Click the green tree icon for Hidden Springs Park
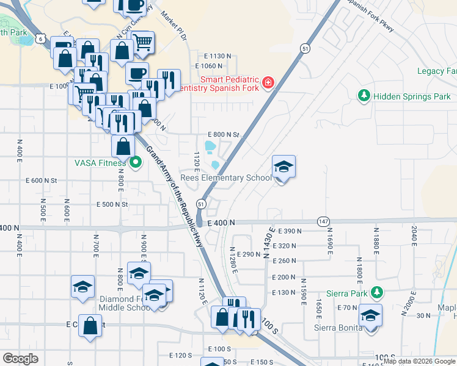click(364, 96)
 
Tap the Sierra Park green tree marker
click(378, 292)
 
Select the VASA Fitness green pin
click(135, 162)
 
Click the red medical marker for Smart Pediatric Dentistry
click(268, 83)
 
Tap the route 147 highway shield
click(324, 221)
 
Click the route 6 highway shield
click(40, 38)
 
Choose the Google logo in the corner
click(20, 359)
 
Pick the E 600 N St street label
click(42, 181)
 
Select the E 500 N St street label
click(112, 204)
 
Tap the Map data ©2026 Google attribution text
click(419, 361)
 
